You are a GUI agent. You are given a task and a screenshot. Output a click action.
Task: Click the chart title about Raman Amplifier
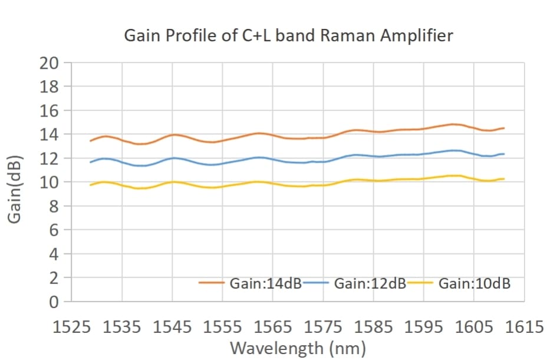tap(288, 36)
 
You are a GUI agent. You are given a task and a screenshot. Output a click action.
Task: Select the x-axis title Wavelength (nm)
tap(298, 348)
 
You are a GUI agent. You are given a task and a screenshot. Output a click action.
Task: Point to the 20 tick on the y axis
tap(49, 63)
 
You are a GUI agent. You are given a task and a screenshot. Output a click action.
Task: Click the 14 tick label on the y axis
tap(49, 134)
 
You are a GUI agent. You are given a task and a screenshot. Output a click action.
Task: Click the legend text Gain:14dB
tap(266, 283)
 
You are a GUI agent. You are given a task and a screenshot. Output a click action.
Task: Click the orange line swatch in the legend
tap(210, 283)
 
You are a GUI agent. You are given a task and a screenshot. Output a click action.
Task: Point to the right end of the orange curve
tap(504, 128)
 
